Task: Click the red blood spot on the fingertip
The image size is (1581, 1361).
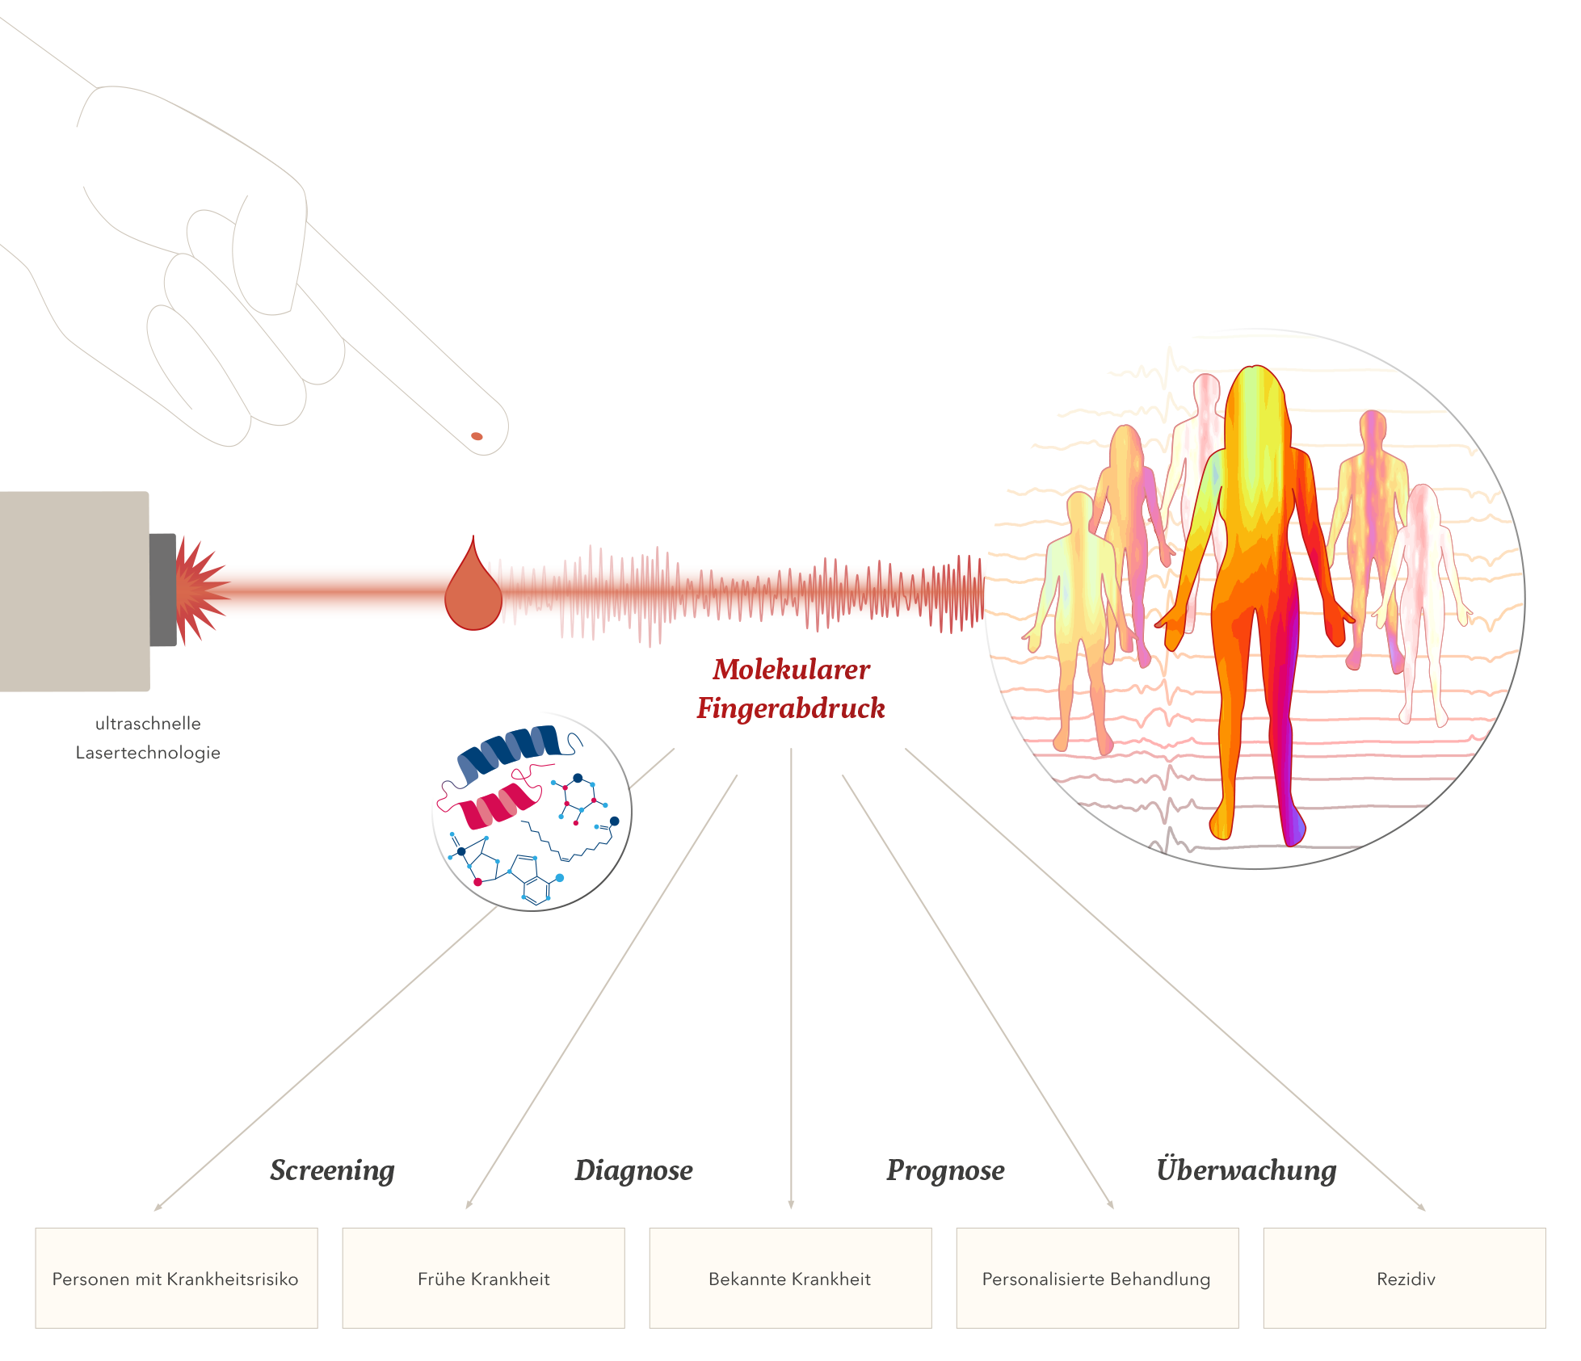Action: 477,436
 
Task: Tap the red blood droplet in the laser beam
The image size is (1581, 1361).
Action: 473,594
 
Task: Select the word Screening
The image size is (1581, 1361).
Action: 332,1170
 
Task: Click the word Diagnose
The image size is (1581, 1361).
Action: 633,1170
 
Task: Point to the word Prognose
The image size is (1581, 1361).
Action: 945,1170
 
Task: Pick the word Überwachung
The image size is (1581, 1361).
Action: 1246,1170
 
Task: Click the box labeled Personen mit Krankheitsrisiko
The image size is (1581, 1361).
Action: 176,1279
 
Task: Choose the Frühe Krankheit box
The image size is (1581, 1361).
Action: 483,1279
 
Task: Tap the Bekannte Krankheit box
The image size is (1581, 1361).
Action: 790,1279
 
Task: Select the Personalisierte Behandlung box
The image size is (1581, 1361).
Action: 1096,1279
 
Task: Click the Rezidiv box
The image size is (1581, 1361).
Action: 1405,1279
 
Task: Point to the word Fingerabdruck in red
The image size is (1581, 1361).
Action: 791,708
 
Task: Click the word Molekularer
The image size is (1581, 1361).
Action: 791,670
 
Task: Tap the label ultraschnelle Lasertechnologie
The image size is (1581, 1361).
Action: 148,738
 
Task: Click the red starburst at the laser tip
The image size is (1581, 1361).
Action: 198,590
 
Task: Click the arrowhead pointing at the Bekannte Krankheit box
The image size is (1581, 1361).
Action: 791,1205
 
